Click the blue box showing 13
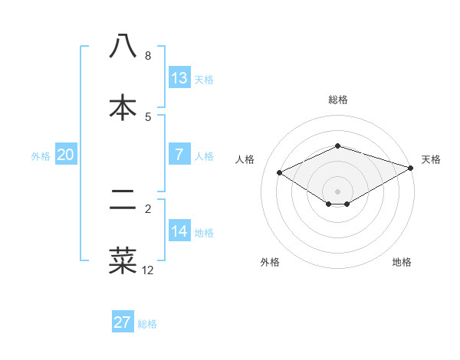coord(179,78)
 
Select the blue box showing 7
coord(179,155)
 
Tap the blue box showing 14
coord(179,231)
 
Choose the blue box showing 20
coord(66,155)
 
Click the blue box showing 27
coord(123,322)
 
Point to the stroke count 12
coord(148,270)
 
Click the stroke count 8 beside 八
coord(148,56)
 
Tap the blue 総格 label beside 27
coord(147,324)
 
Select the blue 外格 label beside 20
coord(41,156)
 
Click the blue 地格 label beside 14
coord(204,233)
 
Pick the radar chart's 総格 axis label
coord(337,100)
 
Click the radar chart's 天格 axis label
coord(431,159)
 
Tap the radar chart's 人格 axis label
coord(245,159)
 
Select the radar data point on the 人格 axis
coord(280,172)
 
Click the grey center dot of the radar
coord(337,191)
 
